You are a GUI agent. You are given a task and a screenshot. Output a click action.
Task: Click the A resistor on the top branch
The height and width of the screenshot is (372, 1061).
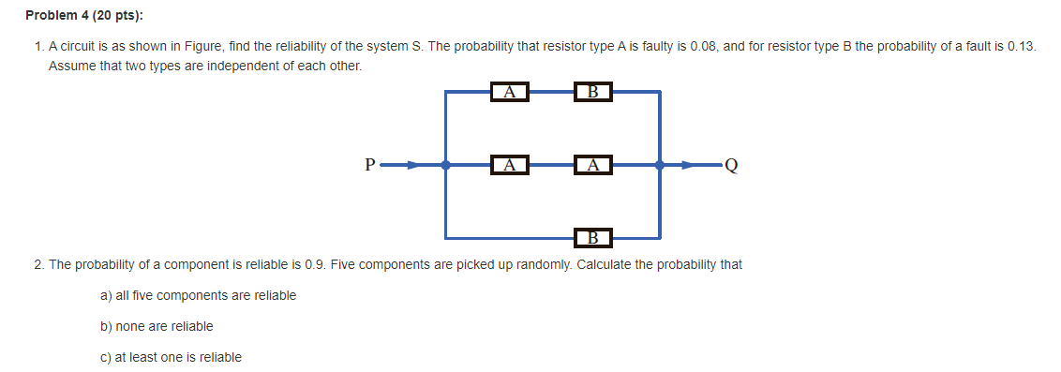point(509,92)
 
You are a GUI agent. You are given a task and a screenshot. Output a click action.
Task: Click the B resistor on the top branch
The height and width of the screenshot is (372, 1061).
point(592,92)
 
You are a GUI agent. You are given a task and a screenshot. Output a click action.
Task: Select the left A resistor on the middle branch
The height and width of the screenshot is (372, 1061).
point(509,165)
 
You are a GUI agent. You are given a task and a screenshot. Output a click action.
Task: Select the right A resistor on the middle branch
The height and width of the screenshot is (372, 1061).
point(593,165)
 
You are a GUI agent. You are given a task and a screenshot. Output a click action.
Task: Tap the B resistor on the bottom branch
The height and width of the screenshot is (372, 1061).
point(592,236)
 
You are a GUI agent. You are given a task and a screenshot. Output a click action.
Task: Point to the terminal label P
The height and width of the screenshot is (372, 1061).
point(371,166)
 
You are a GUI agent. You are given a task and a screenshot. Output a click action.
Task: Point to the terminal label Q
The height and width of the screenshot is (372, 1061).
point(731,166)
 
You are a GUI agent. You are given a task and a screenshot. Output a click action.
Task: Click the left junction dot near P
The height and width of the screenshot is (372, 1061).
point(445,165)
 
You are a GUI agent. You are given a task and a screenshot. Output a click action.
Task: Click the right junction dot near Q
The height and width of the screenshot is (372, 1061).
point(660,165)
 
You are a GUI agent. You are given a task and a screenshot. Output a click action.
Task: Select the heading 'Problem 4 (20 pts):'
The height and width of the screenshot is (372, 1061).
point(78,16)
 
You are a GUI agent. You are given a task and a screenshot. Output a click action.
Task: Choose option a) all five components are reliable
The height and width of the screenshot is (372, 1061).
point(198,295)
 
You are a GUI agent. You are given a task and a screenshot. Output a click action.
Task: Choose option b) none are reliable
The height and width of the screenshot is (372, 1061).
point(157,326)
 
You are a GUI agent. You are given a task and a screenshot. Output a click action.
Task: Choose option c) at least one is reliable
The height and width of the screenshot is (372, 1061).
point(171,357)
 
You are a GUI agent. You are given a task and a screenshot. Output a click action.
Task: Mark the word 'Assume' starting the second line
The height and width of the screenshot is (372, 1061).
point(69,67)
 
